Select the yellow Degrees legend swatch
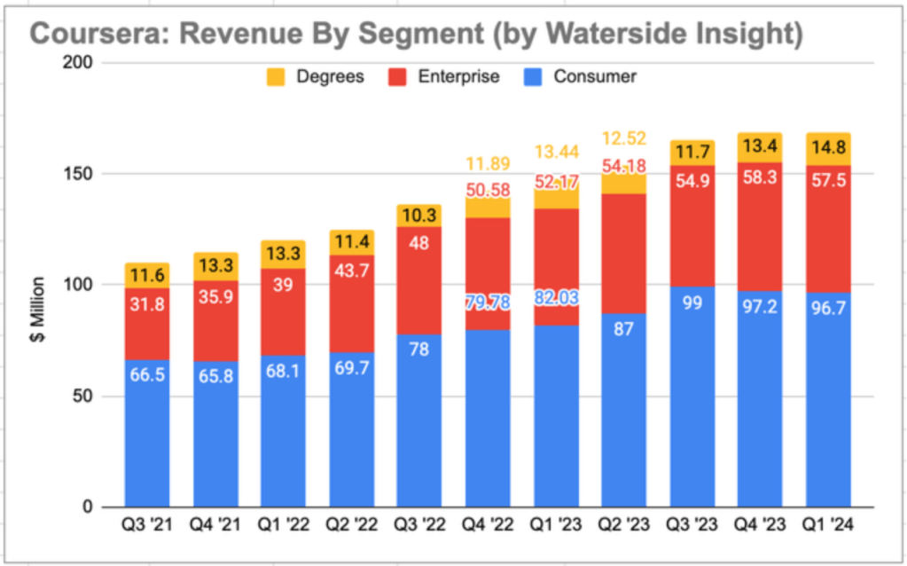point(276,77)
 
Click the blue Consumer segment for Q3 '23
point(692,408)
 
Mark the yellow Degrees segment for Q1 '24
point(828,149)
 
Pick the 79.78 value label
point(487,304)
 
